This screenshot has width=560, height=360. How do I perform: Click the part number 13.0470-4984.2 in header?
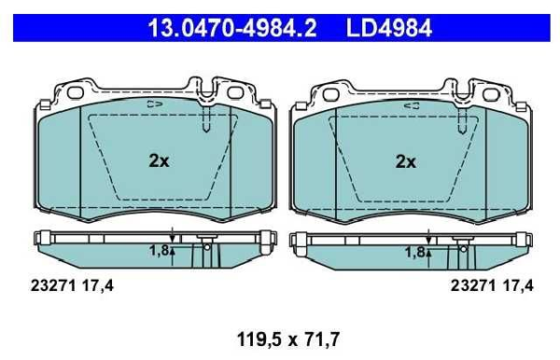232,28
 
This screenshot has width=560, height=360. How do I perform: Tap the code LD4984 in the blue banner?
389,28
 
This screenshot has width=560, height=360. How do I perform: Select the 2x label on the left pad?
159,161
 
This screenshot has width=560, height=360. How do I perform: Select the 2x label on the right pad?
406,162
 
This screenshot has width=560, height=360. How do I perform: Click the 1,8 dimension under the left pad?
159,251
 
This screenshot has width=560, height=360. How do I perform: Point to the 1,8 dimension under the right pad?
414,252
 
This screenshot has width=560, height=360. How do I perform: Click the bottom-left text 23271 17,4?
72,285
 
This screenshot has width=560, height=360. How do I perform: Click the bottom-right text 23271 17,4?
492,285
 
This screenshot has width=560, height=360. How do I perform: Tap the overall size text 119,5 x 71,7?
288,339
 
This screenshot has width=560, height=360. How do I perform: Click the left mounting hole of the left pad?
76,92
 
